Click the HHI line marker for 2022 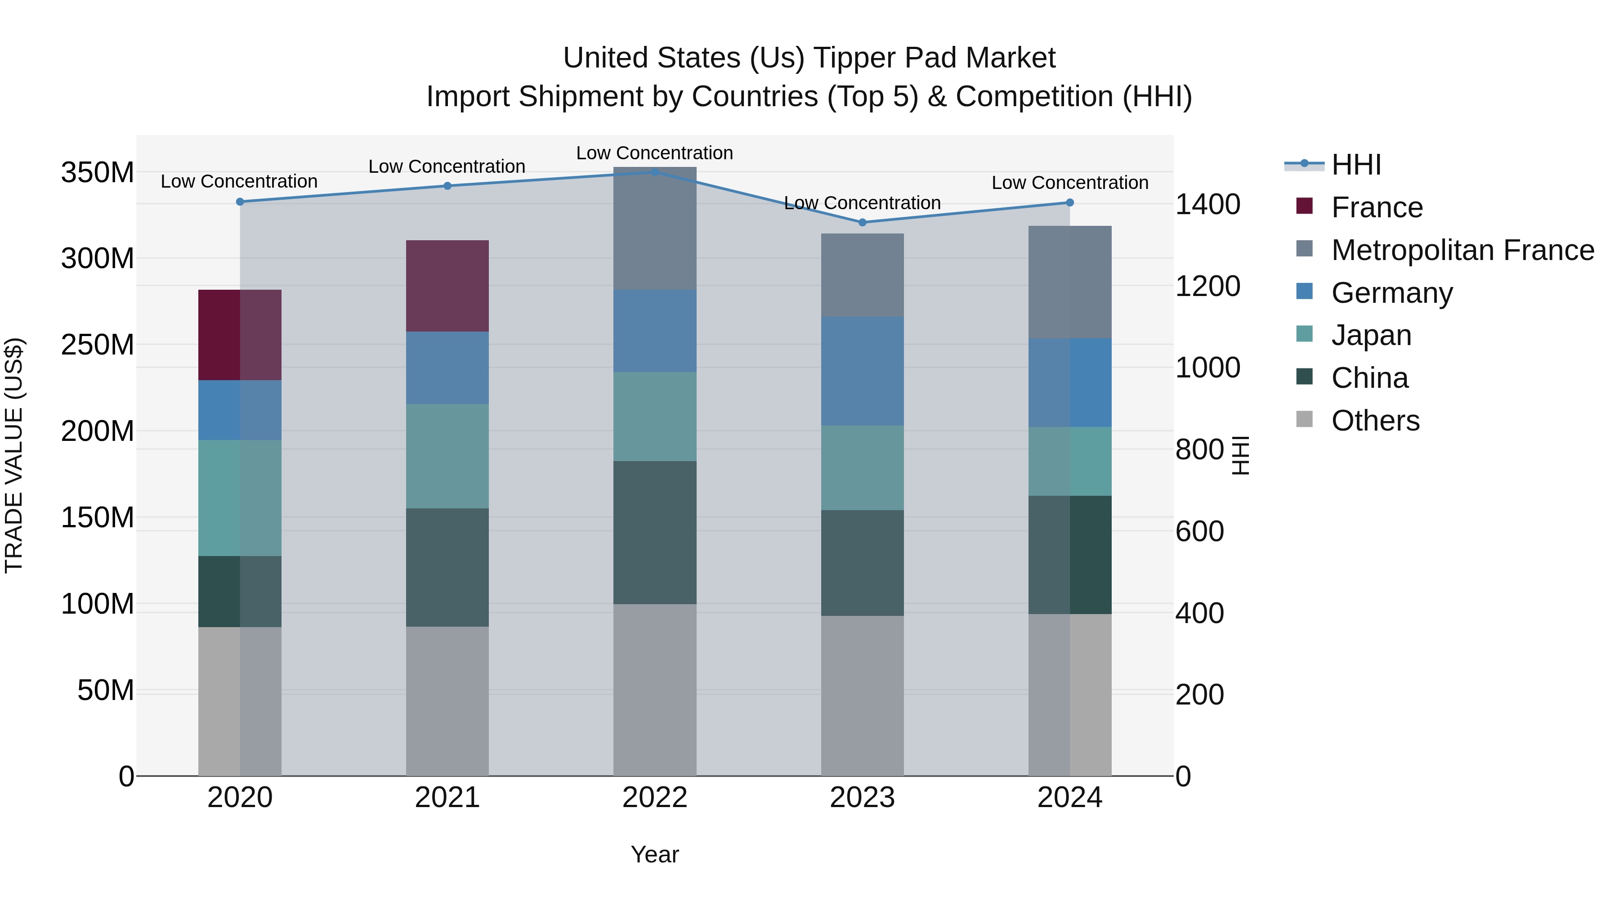[x=654, y=172]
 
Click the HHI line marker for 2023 [x=862, y=223]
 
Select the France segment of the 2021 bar [x=447, y=286]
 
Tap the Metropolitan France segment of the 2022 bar [x=654, y=228]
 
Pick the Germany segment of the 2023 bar [x=862, y=371]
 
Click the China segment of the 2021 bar [x=447, y=567]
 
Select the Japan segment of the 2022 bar [x=654, y=416]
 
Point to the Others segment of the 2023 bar [x=862, y=696]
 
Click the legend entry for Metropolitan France [x=1462, y=250]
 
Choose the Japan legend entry [x=1371, y=335]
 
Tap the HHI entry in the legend [x=1355, y=165]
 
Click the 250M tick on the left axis [x=98, y=345]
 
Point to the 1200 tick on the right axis [x=1208, y=286]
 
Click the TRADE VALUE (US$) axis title [x=14, y=455]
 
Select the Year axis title [x=654, y=854]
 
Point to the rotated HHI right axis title [x=1240, y=455]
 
